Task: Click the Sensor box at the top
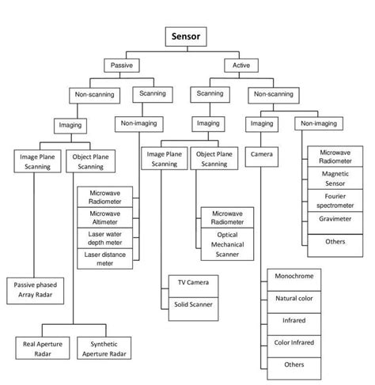(186, 36)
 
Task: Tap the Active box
(240, 66)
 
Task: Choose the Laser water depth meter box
(105, 238)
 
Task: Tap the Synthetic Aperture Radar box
(104, 349)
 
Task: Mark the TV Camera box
(191, 282)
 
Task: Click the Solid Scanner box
(191, 304)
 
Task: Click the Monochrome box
(294, 277)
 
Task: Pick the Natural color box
(294, 300)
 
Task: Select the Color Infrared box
(294, 342)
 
